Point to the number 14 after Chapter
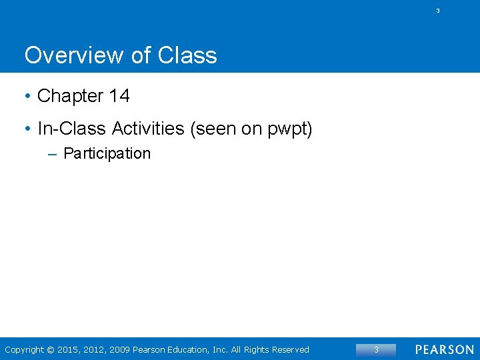119,96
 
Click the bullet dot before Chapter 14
27,97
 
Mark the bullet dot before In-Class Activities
27,129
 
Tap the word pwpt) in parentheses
290,129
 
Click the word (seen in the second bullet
213,129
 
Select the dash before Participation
53,154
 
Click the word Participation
107,154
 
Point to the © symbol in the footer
51,350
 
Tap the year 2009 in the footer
119,350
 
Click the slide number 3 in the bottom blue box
376,350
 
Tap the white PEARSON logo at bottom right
444,350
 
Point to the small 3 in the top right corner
438,11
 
